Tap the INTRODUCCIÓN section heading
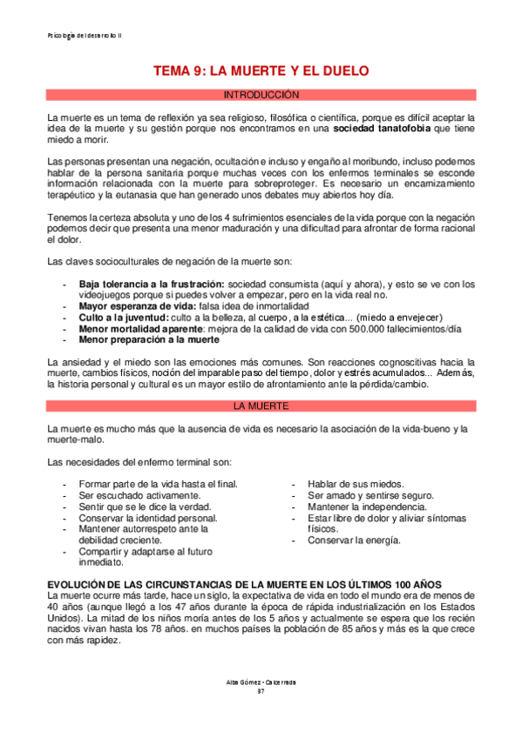pos(261,94)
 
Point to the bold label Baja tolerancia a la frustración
pos(152,284)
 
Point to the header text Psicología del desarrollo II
pos(85,36)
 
